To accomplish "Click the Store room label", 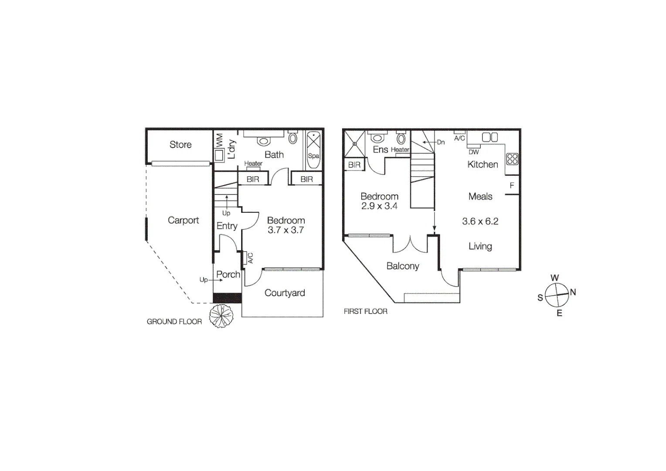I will [x=180, y=145].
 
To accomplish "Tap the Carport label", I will [x=183, y=221].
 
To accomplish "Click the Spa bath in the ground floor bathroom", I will [x=313, y=150].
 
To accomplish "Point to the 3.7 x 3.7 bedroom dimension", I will [x=285, y=230].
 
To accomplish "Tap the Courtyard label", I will [x=285, y=293].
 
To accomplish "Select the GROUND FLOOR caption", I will [x=174, y=322].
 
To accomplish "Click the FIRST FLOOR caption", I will [x=365, y=311].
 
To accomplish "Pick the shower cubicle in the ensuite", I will [x=355, y=143].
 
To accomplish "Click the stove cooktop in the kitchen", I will [x=513, y=159].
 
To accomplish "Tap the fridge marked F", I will [x=512, y=186].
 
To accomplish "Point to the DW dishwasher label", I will [x=474, y=152].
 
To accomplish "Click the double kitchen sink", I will [x=490, y=137].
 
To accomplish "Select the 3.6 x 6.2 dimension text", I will [x=480, y=222].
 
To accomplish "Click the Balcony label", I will [x=403, y=266].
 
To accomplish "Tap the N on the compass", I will [x=573, y=292].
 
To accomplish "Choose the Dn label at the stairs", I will [x=441, y=142].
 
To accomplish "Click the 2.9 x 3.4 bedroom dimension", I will [x=379, y=206].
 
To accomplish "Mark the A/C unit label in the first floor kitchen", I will [x=459, y=138].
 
